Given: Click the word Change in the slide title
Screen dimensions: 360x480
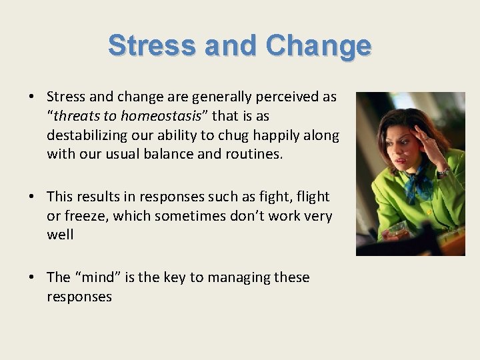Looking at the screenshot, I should (318, 46).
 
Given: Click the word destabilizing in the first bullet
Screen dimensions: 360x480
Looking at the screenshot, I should (85, 135).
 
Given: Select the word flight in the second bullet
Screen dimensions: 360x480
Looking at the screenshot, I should (312, 196).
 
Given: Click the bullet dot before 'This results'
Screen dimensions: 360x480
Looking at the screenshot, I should (32, 197).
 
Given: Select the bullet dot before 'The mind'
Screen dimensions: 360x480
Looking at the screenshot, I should (32, 277).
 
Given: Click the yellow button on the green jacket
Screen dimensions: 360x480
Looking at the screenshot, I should (428, 213).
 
